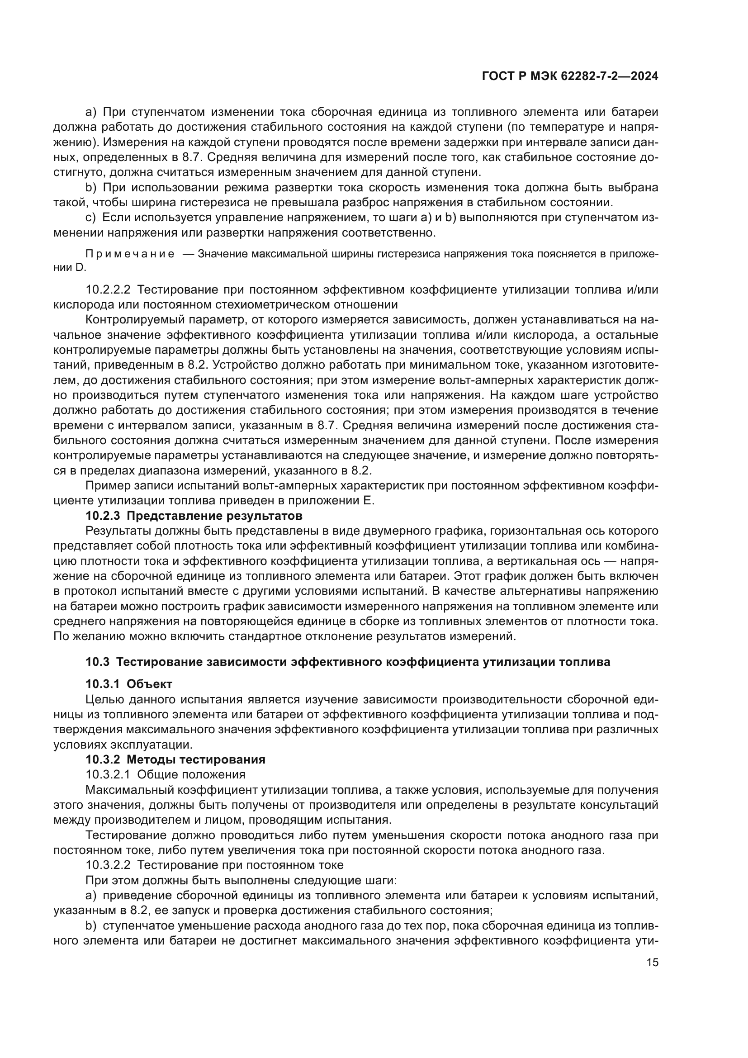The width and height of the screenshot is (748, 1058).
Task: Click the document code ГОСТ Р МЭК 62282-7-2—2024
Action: coord(570,76)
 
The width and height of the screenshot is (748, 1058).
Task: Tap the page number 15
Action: coord(652,963)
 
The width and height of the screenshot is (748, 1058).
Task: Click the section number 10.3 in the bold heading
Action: coord(97,662)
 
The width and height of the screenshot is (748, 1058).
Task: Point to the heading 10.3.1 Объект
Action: coord(129,684)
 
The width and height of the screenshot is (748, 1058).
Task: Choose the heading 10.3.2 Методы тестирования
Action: coord(175,760)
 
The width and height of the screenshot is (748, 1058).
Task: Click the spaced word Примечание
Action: coord(130,254)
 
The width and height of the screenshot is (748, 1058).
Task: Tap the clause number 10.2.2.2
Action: coord(108,290)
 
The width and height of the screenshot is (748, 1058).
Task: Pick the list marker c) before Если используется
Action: coord(91,218)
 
